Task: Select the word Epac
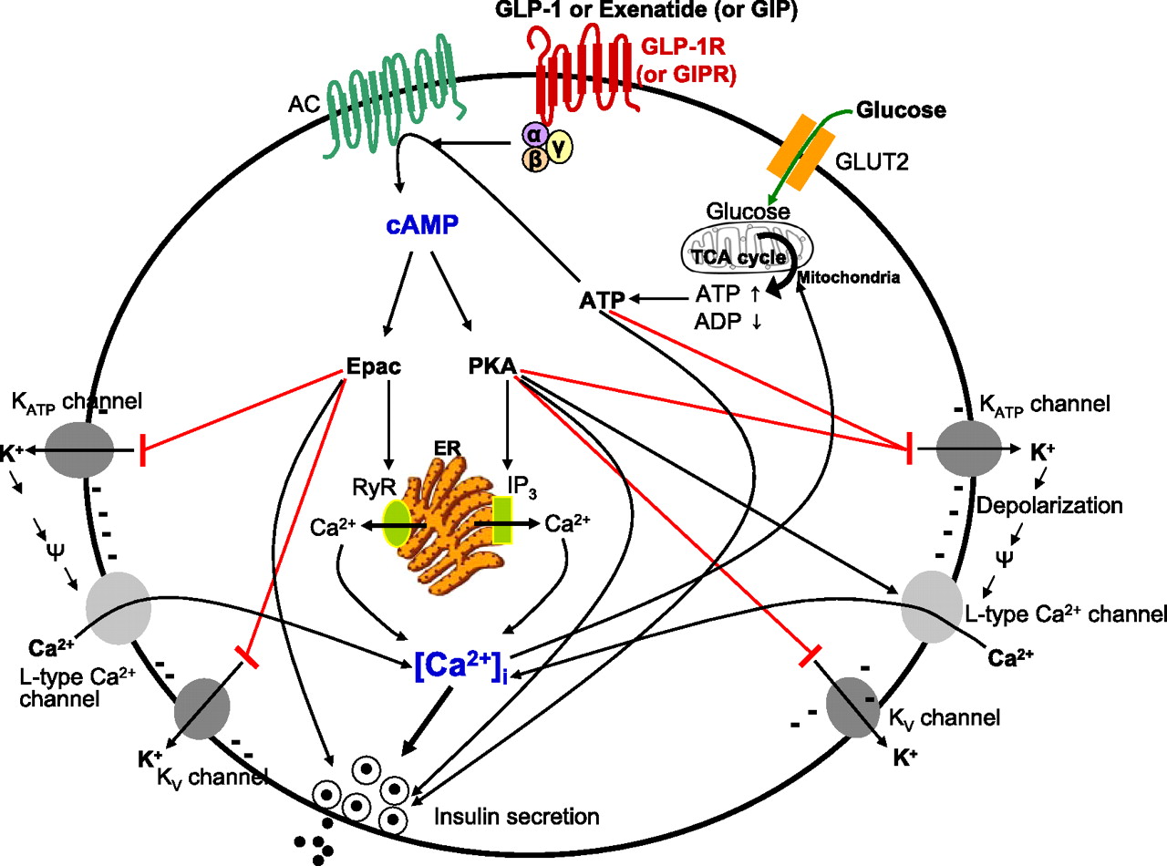374,366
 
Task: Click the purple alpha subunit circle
533,136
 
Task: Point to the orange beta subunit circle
534,160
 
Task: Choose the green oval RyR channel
398,523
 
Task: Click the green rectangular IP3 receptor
501,521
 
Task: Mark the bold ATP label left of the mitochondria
602,300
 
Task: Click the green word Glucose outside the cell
901,111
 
